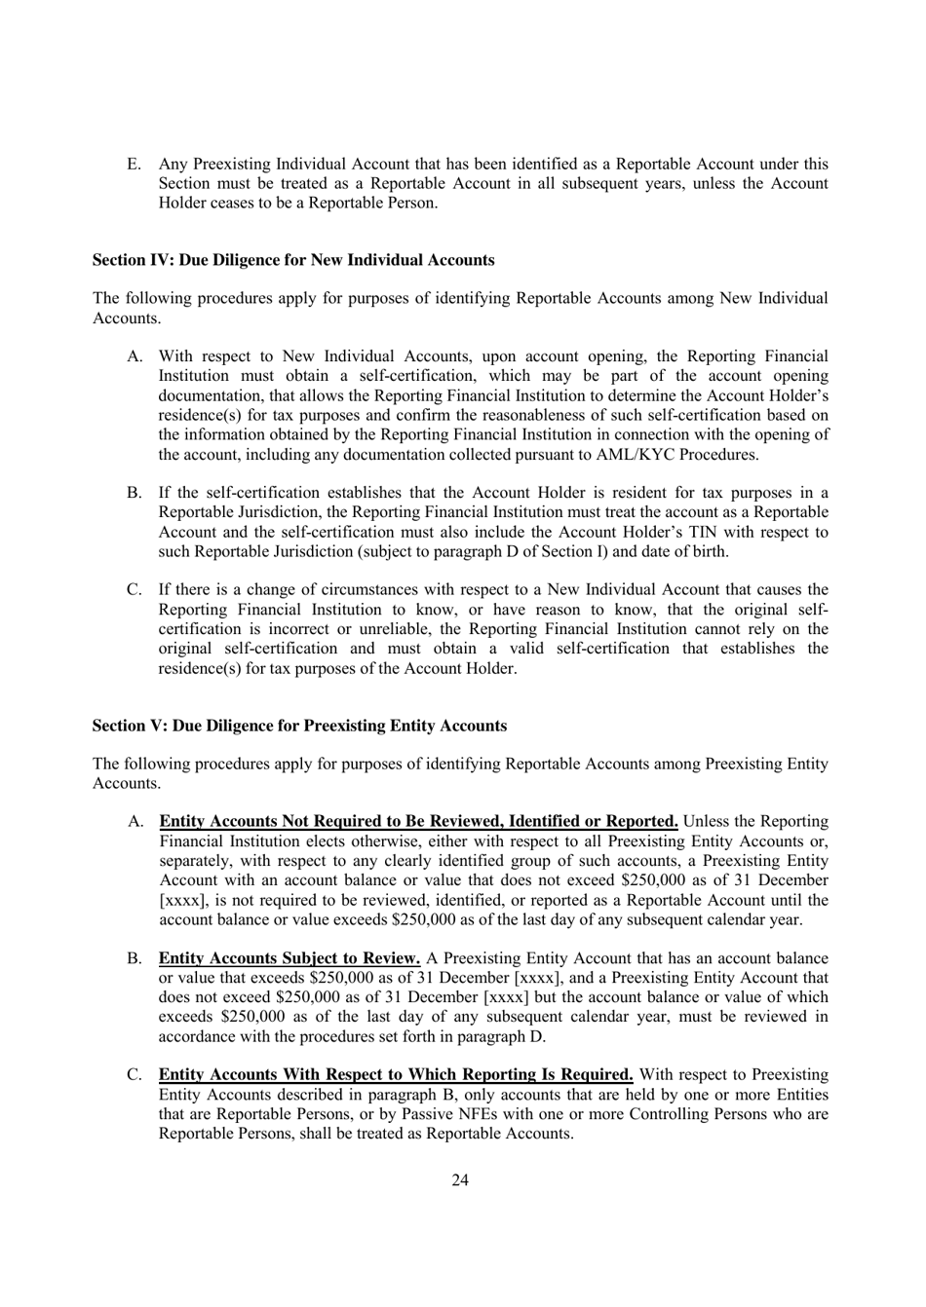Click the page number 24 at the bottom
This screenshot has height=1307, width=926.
point(460,1180)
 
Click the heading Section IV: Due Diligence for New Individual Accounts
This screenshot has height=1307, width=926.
point(292,260)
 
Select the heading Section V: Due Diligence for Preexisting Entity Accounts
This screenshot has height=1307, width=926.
point(299,726)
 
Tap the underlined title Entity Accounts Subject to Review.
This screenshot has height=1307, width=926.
point(289,958)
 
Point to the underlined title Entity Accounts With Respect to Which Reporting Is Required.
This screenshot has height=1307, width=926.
point(396,1075)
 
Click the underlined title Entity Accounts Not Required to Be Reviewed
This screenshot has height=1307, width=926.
point(418,822)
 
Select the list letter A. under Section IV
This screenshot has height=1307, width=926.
point(135,356)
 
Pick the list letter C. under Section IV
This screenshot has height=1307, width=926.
point(135,590)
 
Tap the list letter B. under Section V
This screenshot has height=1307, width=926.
point(135,958)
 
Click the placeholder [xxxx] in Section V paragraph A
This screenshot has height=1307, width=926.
point(179,900)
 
